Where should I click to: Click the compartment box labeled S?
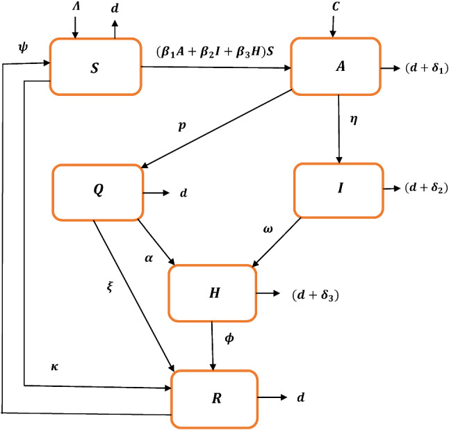coord(95,66)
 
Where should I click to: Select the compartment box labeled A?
coord(335,66)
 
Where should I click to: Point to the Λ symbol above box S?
coord(77,8)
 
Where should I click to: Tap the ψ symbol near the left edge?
coord(21,48)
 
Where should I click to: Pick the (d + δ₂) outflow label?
coord(422,189)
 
